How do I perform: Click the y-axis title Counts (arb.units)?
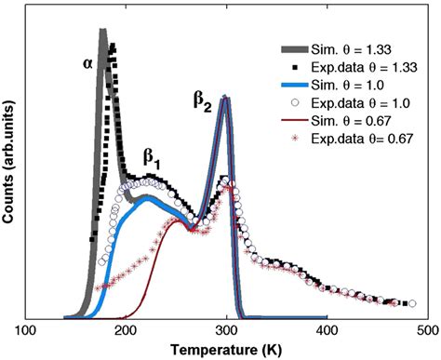coord(10,167)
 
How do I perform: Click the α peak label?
coord(87,65)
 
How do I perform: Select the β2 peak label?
coord(202,105)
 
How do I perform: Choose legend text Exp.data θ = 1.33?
coord(369,68)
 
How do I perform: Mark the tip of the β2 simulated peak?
coord(224,99)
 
